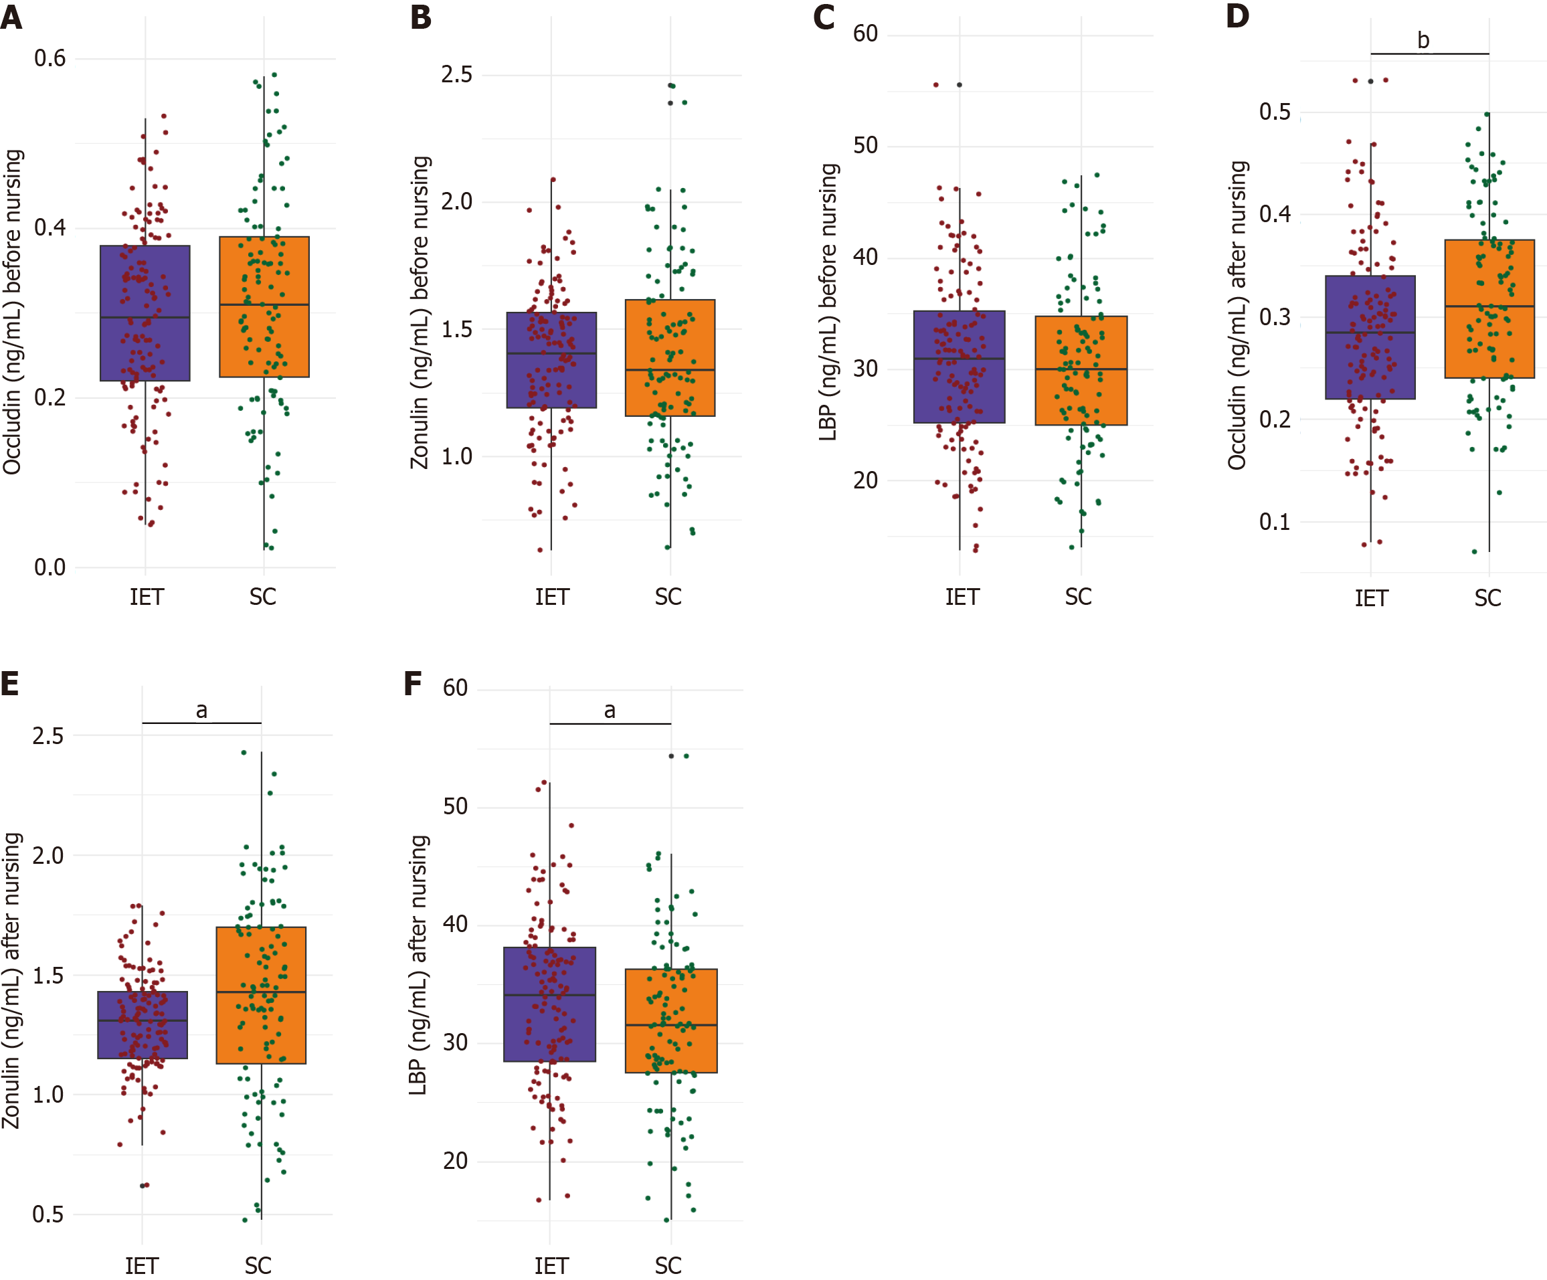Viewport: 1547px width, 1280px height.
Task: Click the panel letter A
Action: coord(11,17)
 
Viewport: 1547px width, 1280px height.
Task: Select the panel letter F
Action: coord(413,683)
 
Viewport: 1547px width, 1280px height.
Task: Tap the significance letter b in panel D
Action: coord(1423,41)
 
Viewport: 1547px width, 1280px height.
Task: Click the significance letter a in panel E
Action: coord(201,711)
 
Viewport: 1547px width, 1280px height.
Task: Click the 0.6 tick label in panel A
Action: coord(50,58)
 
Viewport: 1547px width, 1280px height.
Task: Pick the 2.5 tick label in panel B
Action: coord(457,74)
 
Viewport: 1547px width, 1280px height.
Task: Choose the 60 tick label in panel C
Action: coord(866,34)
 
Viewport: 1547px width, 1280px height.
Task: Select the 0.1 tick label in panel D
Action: coord(1275,522)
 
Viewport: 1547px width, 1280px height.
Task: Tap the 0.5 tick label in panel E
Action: coord(48,1214)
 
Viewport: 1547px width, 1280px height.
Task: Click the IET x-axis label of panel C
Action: coord(962,597)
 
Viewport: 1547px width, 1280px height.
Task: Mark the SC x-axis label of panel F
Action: coord(668,1265)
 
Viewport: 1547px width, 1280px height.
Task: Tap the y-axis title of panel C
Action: coord(829,302)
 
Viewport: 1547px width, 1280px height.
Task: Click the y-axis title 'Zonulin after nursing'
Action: coord(12,980)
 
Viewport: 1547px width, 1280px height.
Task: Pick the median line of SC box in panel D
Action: coord(1489,306)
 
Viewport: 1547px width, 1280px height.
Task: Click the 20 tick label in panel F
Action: coord(455,1161)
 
